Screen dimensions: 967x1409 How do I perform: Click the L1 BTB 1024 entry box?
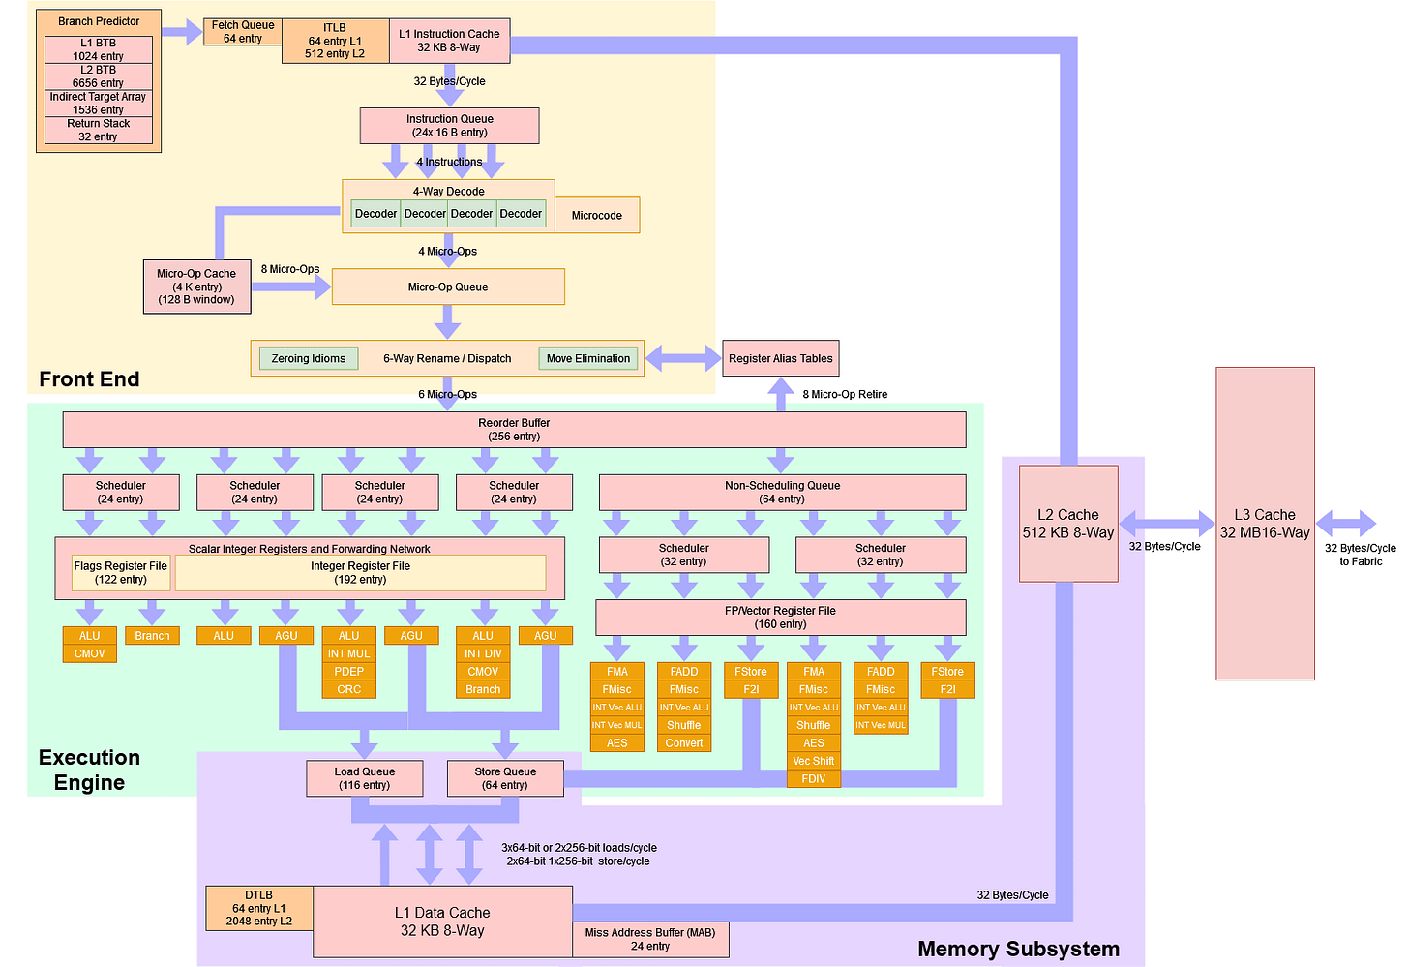[x=98, y=49]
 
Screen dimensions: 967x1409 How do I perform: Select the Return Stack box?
[x=98, y=130]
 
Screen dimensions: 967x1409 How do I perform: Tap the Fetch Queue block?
[x=242, y=32]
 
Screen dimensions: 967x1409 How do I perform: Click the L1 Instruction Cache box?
[x=449, y=41]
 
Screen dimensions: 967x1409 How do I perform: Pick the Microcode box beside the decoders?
[x=597, y=215]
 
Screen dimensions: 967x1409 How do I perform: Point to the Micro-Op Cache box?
[x=196, y=287]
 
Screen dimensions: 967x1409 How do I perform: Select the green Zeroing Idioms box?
[x=309, y=358]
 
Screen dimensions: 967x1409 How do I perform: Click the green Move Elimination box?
[x=587, y=358]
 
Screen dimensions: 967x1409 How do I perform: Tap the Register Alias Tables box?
[x=780, y=358]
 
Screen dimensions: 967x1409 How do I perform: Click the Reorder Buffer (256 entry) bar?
[x=514, y=430]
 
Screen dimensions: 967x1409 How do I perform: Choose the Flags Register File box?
[x=121, y=573]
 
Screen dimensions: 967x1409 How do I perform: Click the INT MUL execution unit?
[x=348, y=653]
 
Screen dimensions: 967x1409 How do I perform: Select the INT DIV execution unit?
[x=483, y=653]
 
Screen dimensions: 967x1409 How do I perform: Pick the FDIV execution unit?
[x=813, y=778]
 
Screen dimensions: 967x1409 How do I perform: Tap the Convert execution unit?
[x=683, y=743]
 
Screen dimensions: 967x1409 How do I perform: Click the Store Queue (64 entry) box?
[x=505, y=778]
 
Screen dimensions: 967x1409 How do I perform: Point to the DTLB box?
[x=259, y=908]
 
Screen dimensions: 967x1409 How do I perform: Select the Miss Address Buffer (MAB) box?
[x=650, y=939]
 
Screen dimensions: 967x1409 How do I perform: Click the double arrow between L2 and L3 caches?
[x=1166, y=524]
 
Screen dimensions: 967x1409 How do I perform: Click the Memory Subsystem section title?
[x=1018, y=949]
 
